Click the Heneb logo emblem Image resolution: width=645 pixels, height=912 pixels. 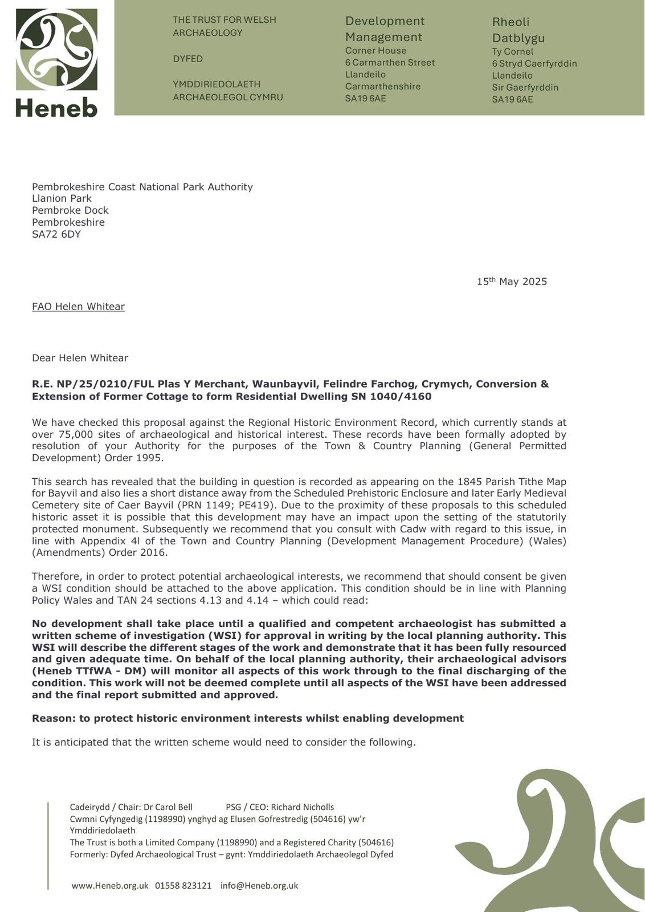point(56,49)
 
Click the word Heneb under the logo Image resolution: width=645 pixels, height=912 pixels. point(56,107)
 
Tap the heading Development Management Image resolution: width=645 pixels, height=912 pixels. point(385,29)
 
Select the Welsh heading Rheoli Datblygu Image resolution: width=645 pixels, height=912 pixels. point(518,30)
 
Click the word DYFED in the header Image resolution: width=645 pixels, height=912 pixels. point(188,59)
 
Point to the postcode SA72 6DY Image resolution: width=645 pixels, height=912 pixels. point(56,234)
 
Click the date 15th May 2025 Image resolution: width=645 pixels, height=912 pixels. point(512,282)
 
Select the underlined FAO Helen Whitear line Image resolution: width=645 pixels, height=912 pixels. point(78,307)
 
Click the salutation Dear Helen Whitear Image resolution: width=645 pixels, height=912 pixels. point(80,358)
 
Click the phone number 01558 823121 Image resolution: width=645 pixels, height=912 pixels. point(183,886)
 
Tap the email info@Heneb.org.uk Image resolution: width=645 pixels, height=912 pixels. point(259,886)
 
